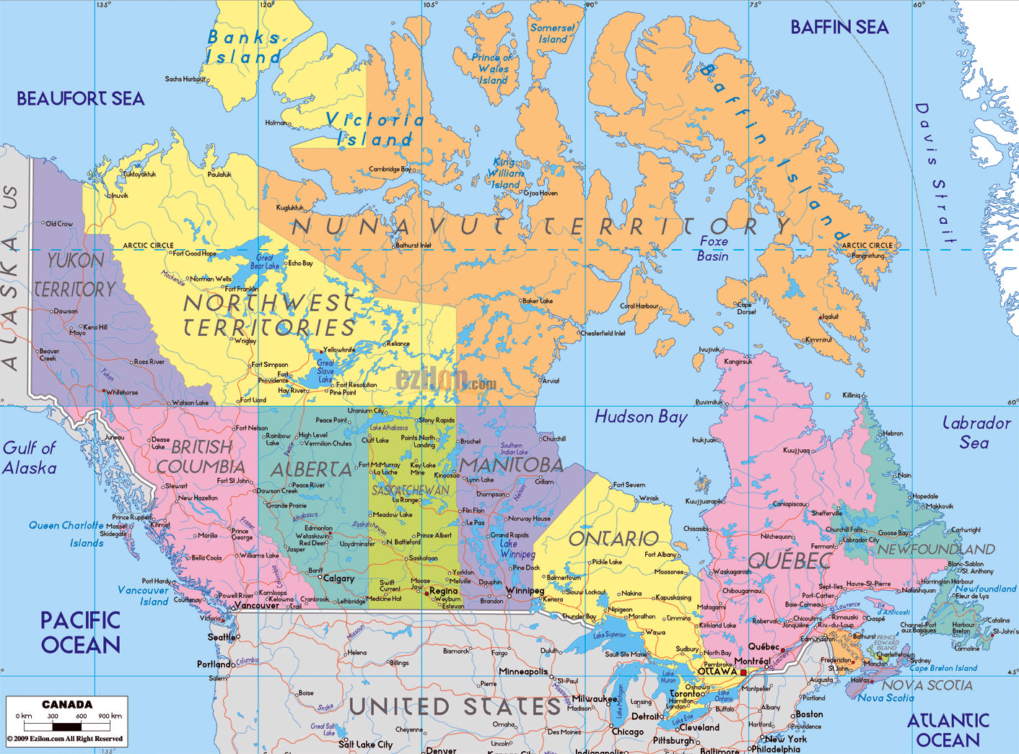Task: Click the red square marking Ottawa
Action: coord(743,672)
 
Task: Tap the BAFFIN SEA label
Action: coord(839,27)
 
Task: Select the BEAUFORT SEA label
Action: coord(81,99)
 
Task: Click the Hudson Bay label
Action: coord(641,417)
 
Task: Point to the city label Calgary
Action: coord(338,578)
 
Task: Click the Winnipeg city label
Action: coord(525,591)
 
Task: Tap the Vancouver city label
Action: coord(256,605)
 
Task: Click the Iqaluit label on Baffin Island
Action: coord(830,316)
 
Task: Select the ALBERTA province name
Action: coord(311,470)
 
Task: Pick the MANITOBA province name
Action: coord(510,464)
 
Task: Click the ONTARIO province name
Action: coord(613,539)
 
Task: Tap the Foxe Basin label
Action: coord(713,248)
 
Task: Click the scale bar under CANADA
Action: coord(66,726)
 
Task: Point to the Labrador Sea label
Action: coord(976,433)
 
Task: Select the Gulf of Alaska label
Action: coord(30,458)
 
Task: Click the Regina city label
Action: coord(443,591)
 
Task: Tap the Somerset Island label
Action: coord(553,33)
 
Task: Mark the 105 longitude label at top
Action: coord(430,5)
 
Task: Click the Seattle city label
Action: coord(222,637)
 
